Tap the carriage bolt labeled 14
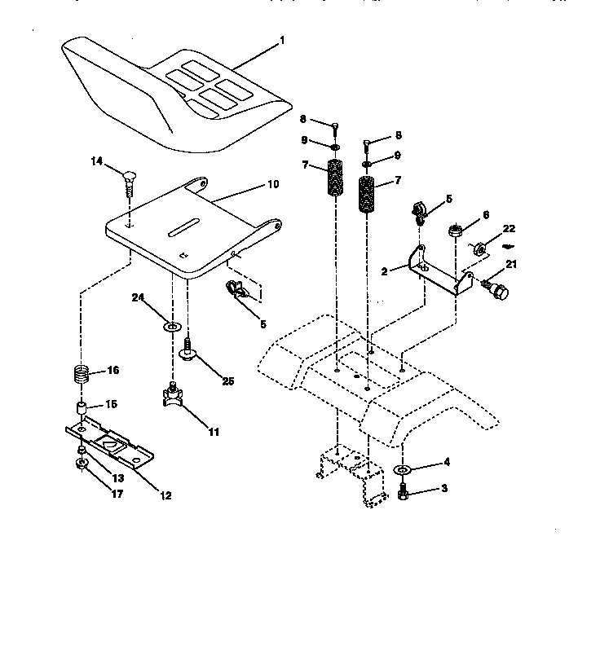(x=129, y=179)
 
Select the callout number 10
(x=271, y=184)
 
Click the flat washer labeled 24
(x=172, y=327)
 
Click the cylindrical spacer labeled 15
(x=82, y=407)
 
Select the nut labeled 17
(x=83, y=464)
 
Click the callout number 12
(x=165, y=495)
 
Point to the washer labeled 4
(x=403, y=470)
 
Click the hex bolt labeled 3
(x=403, y=492)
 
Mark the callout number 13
(x=117, y=477)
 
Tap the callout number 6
(x=486, y=214)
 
